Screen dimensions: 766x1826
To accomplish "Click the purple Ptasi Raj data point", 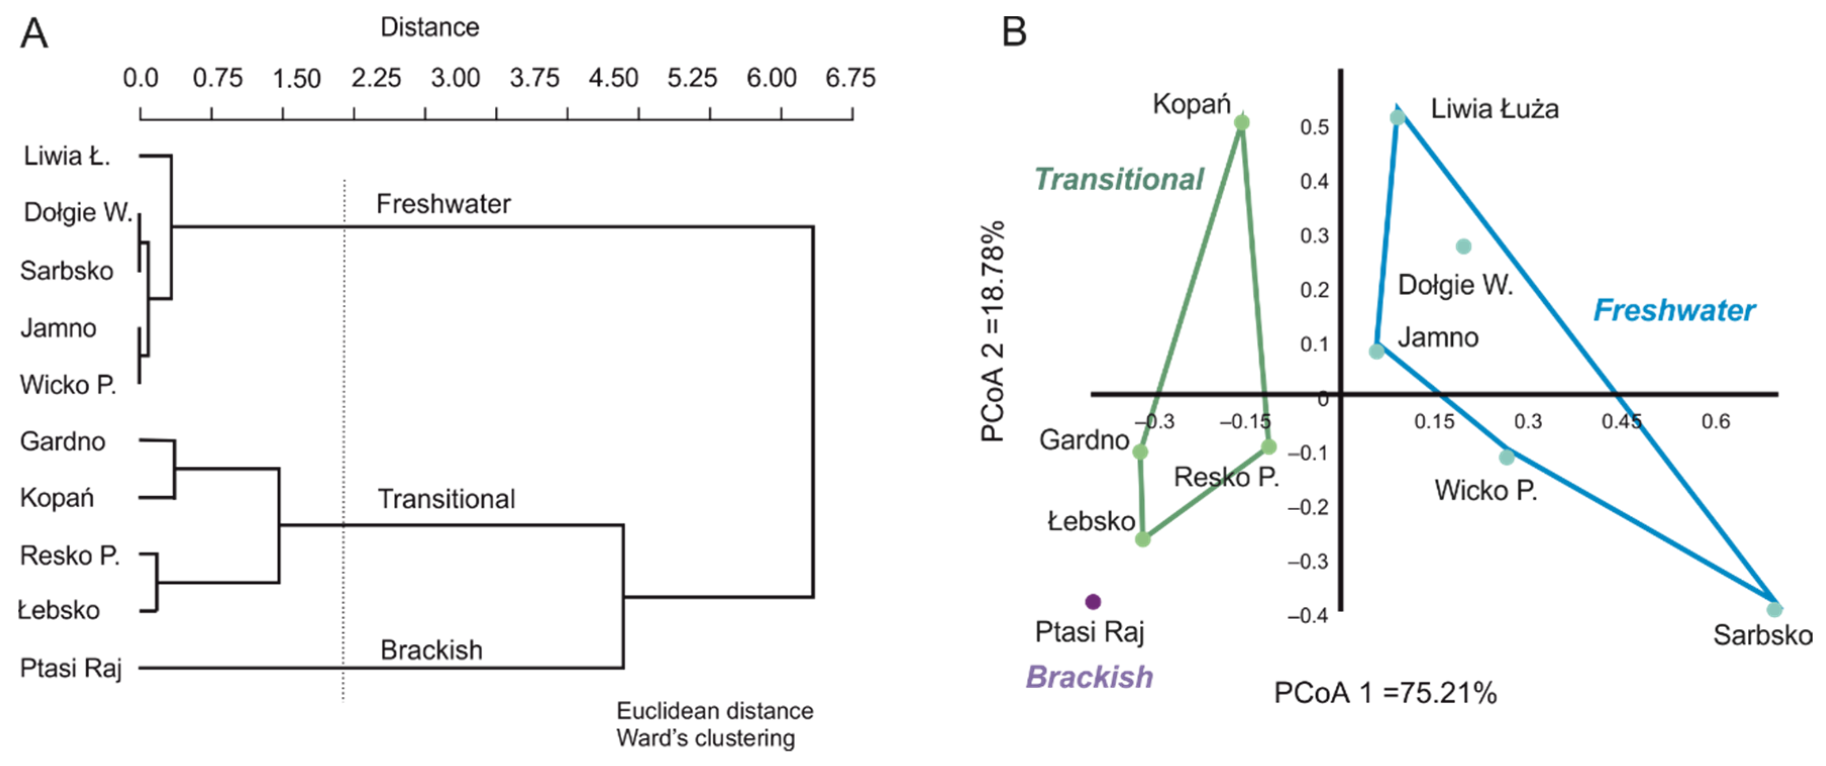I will tap(1093, 601).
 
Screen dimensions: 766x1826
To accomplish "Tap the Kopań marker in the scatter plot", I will tap(1241, 123).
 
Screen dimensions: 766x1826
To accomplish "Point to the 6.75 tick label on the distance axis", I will tap(851, 78).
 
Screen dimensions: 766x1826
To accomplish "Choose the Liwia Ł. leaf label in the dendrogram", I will tap(67, 156).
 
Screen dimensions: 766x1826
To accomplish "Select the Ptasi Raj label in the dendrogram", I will tap(71, 668).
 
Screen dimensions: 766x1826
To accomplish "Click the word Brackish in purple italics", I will tap(1089, 677).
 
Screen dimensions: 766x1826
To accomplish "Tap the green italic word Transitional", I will tap(1119, 179).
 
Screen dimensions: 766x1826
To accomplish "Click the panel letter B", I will tap(1014, 32).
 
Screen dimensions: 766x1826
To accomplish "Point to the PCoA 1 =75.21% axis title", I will tap(1385, 692).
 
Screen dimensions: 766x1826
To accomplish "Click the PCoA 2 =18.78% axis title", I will tap(993, 332).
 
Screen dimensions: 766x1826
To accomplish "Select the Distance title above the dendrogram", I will tap(430, 28).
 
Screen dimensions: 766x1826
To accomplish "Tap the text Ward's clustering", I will tap(705, 738).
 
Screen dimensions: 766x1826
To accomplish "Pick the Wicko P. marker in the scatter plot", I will tap(1507, 457).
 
